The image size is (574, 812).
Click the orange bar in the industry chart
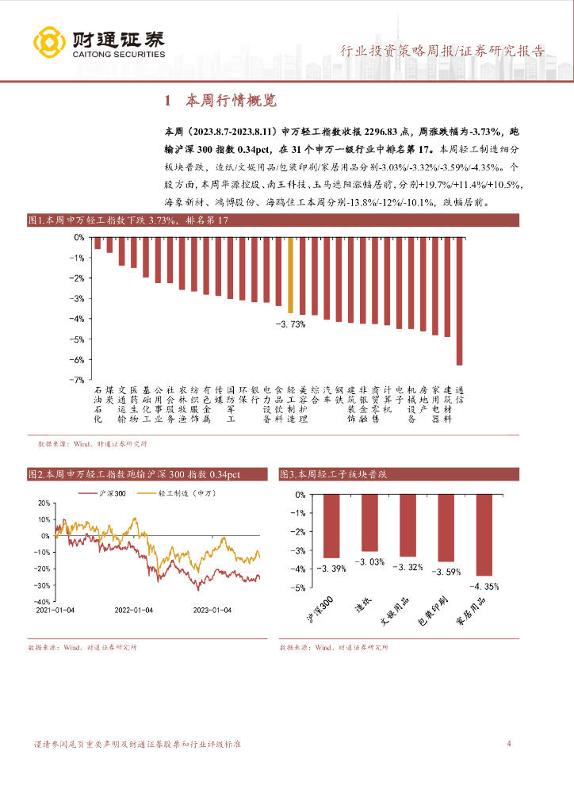coord(290,274)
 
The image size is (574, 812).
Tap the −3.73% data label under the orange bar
coord(290,324)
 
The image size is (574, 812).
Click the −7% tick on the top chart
coord(79,381)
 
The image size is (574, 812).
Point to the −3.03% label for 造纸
coord(370,561)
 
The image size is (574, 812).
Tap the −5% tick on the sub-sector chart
coord(300,588)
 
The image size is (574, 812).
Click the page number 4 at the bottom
coord(508,743)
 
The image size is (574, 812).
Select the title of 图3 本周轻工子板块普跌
coord(333,474)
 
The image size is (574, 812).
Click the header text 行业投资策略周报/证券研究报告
coord(442,52)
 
